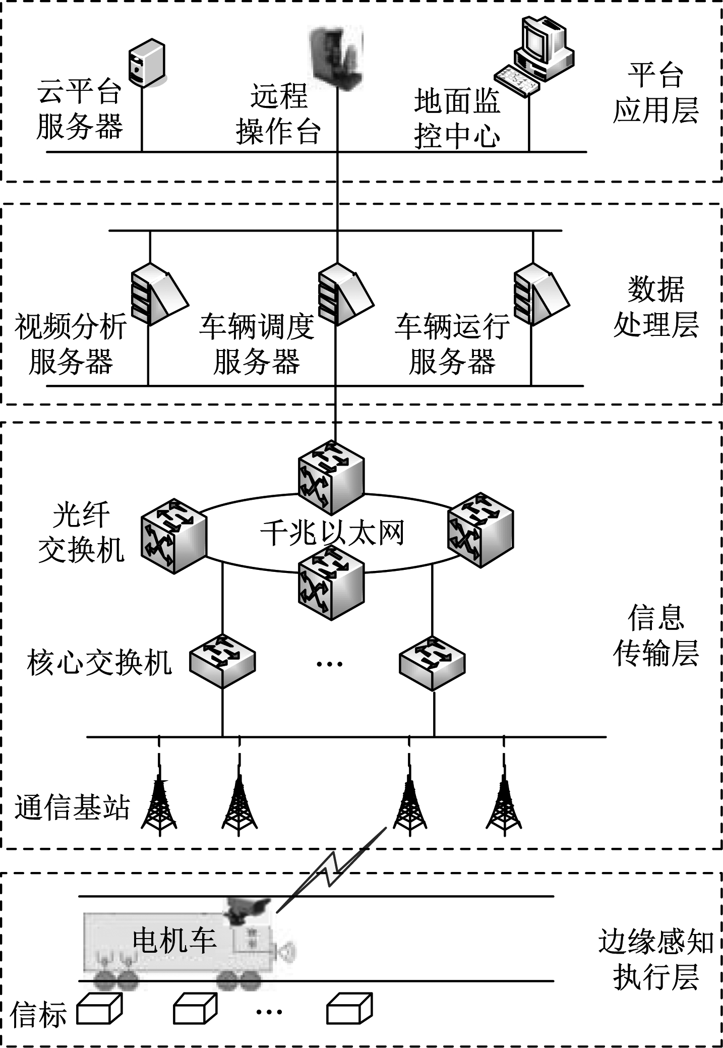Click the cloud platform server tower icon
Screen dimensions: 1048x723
[x=147, y=64]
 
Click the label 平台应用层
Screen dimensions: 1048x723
[x=655, y=93]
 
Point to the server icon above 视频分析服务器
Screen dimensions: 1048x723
[x=157, y=294]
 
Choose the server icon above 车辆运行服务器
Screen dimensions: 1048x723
[x=540, y=294]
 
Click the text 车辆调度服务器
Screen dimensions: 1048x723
[x=257, y=344]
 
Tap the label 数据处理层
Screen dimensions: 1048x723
[x=655, y=307]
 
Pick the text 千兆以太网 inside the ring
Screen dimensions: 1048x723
[x=332, y=533]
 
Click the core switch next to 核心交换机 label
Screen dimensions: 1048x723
[x=222, y=661]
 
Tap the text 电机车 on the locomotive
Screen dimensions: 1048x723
[x=174, y=941]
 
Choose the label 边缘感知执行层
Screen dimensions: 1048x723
[x=655, y=959]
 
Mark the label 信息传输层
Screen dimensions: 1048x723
[x=655, y=635]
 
